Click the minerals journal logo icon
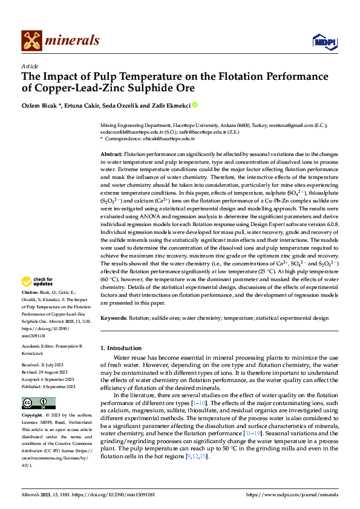[x=32, y=40]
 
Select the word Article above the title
[x=30, y=66]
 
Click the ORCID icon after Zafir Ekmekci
[x=195, y=105]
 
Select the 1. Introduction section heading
[x=121, y=348]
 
